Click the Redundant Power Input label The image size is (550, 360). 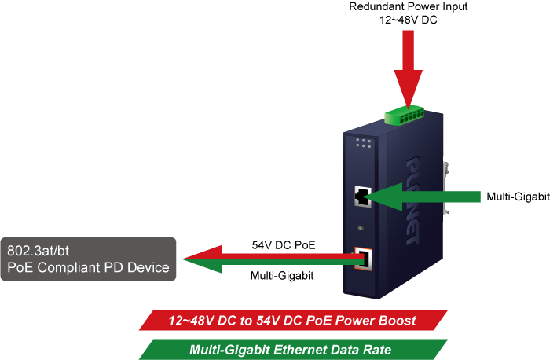point(409,6)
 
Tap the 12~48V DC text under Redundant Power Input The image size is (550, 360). point(409,20)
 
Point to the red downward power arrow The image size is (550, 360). point(409,69)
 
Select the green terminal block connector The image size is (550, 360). point(405,115)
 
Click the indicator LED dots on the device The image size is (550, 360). point(363,143)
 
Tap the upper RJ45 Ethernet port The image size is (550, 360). point(363,197)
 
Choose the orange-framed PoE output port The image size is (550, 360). point(363,259)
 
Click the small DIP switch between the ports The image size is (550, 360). point(361,228)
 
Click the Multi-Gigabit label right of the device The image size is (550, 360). point(518,197)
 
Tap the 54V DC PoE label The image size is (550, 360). point(284,245)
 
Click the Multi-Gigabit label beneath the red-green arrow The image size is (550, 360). point(282,276)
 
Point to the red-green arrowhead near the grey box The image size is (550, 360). point(203,259)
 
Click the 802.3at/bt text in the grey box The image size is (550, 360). point(38,251)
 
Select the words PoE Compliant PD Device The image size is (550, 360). point(88,268)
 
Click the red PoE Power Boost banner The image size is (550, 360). point(293,321)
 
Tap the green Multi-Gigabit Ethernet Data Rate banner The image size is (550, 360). point(293,350)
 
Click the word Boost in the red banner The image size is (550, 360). point(398,321)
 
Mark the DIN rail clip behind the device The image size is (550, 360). point(445,188)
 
